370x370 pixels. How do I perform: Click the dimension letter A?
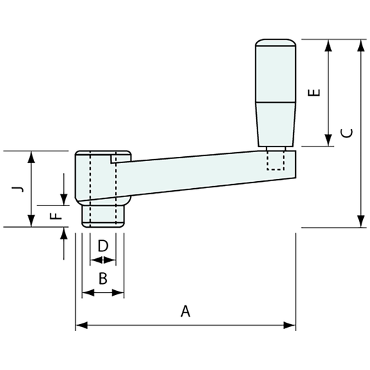click(x=185, y=312)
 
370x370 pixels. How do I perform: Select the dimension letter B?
click(x=103, y=279)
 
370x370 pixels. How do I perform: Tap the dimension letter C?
click(x=348, y=133)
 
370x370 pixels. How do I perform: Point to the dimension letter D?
click(x=103, y=246)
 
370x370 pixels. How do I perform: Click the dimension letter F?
click(x=58, y=215)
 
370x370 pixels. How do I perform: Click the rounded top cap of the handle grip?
click(x=276, y=43)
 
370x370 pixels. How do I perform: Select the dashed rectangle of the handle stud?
click(x=276, y=160)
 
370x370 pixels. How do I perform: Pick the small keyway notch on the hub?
click(x=115, y=159)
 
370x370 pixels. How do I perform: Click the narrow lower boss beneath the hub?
click(x=103, y=215)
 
